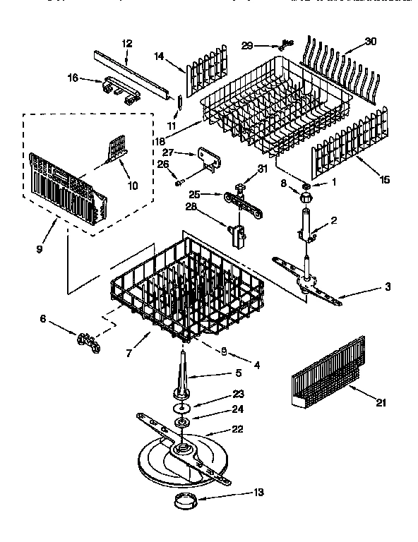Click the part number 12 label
tap(127, 43)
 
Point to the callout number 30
tap(371, 41)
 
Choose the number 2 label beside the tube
tap(334, 220)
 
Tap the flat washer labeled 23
tap(183, 408)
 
